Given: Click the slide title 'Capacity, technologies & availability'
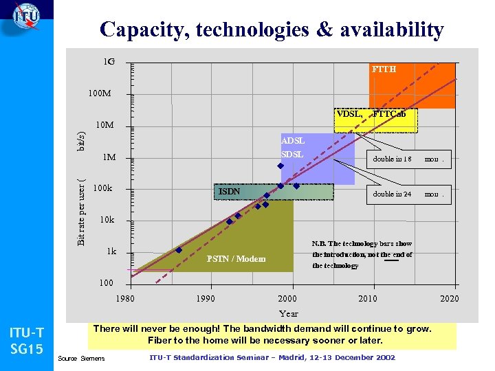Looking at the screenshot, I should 272,30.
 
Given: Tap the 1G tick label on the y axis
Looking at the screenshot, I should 109,63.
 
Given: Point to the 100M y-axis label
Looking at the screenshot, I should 100,93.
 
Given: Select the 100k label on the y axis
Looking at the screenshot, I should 102,188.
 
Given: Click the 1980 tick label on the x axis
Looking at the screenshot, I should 125,298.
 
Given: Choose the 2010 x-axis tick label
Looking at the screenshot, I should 368,298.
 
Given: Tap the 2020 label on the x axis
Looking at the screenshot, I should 449,298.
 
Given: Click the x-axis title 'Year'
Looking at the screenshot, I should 289,313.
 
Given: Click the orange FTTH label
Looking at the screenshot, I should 384,69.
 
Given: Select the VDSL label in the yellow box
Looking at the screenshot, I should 349,114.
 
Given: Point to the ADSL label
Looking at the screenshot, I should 292,141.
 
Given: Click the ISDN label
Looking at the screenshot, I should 229,192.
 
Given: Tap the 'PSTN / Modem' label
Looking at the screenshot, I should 236,259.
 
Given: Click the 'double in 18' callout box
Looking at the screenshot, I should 408,159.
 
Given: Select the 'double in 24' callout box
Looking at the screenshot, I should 408,194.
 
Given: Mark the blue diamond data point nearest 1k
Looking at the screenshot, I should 179,250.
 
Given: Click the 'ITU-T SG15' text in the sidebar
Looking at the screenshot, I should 26,341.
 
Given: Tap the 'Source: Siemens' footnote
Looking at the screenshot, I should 82,359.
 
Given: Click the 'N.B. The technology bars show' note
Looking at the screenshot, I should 362,244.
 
